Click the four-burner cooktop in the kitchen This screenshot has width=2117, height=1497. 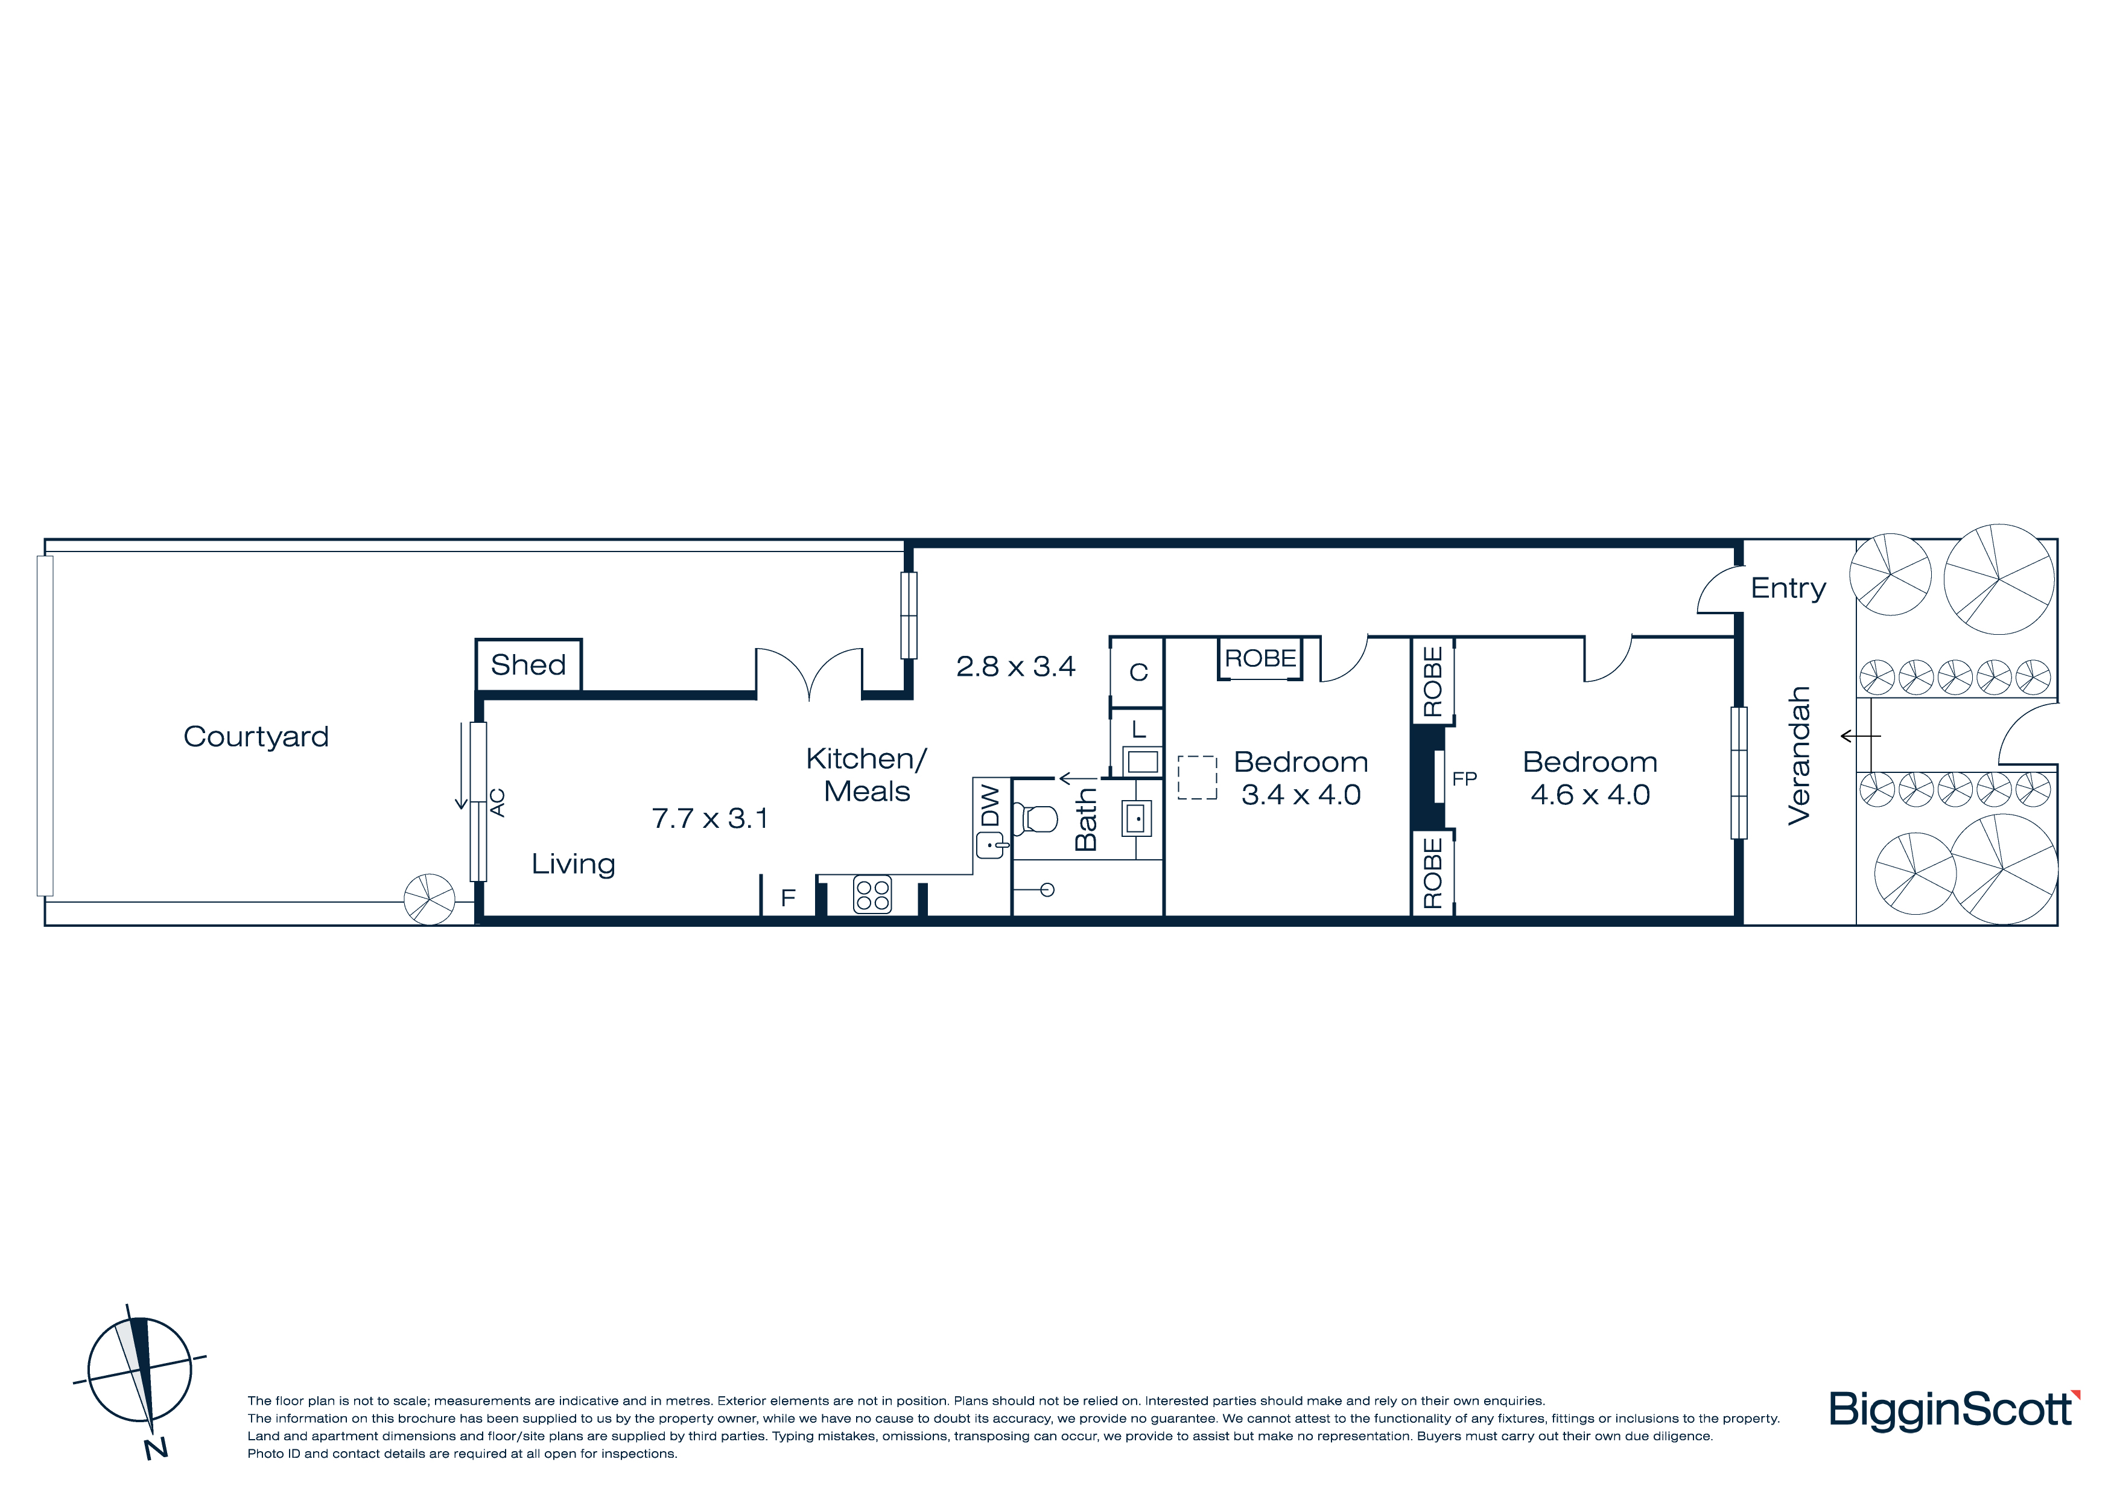coord(872,894)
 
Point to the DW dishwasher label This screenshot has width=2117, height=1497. coord(989,806)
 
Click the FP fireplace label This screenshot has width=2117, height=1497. coord(1464,780)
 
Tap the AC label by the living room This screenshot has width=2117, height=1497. coord(497,803)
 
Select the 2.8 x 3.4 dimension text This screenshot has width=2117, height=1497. coord(1015,666)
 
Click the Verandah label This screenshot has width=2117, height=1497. coord(1799,755)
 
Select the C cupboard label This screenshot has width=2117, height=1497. coord(1138,672)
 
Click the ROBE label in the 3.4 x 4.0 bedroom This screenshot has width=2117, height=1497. coord(1260,658)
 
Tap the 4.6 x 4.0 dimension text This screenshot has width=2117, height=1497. coord(1590,794)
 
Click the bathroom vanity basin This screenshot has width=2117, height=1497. coord(1136,818)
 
